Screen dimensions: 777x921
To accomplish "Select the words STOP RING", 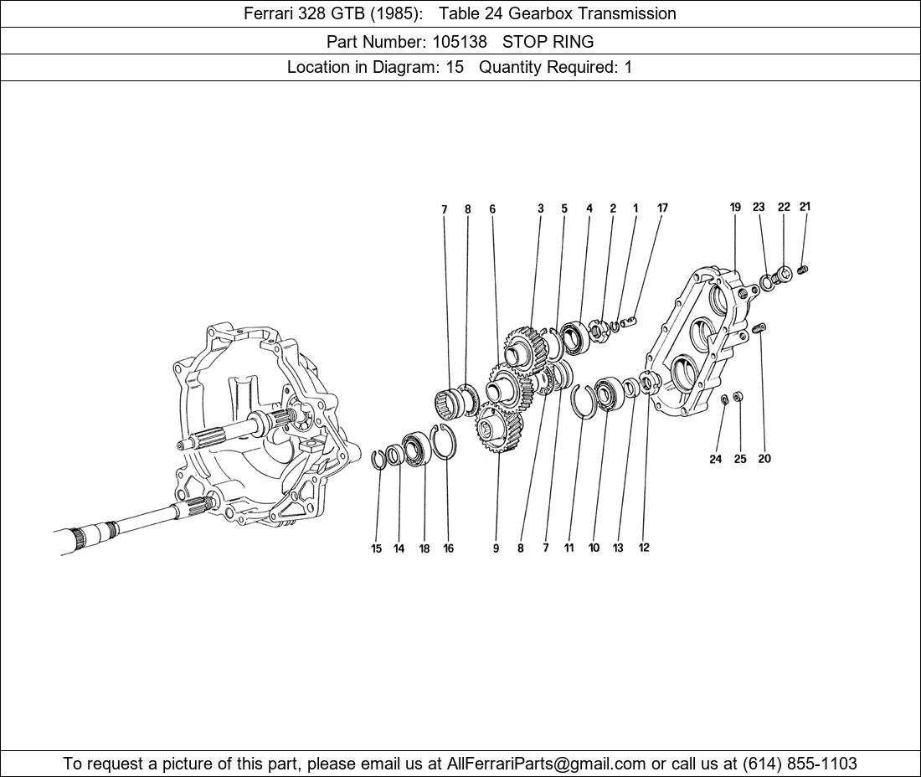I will (548, 41).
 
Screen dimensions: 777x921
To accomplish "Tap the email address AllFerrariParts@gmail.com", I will (547, 764).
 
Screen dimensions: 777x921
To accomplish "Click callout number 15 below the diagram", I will (377, 548).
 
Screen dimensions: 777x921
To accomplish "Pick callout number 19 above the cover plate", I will (735, 208).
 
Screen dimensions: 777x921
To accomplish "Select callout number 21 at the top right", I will (805, 207).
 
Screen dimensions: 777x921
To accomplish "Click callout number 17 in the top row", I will (662, 208).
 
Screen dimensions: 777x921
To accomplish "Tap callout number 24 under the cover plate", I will (715, 459).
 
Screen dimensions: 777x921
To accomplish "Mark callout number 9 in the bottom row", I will (496, 548).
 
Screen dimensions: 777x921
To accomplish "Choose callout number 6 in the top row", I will (492, 209).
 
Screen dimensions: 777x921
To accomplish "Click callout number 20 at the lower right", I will (764, 459).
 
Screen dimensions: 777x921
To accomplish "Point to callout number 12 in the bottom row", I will (644, 548).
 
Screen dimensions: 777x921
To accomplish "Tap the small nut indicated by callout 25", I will (738, 396).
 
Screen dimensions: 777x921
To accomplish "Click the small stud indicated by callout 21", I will (804, 270).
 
